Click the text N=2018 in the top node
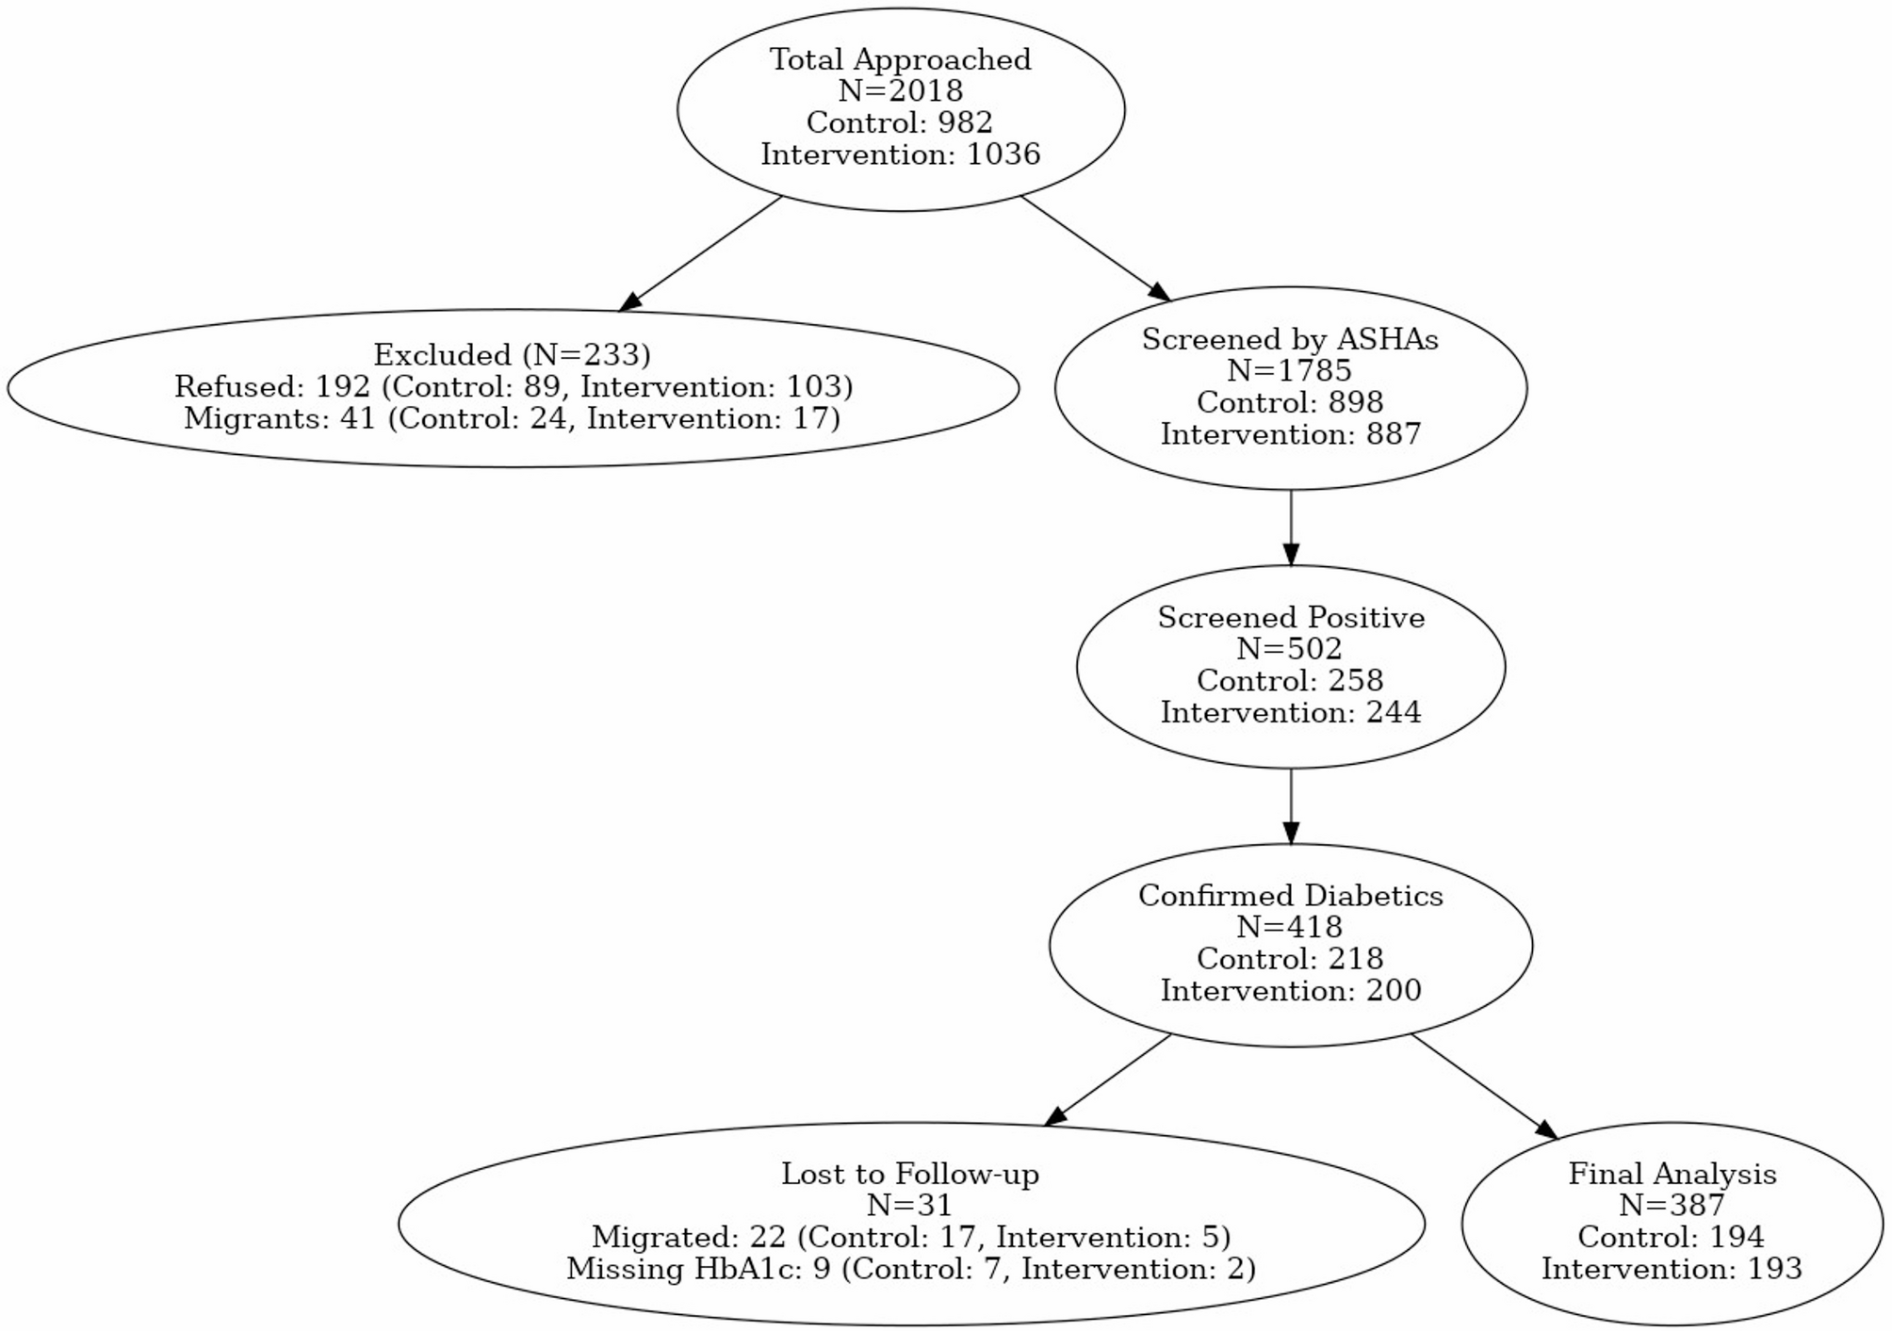(900, 91)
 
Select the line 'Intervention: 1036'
(900, 154)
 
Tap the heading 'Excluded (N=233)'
(512, 355)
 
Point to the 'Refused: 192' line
(513, 387)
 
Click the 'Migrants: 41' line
(512, 418)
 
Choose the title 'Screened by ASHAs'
(1289, 339)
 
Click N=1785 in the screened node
(1289, 371)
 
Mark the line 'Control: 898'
(1289, 403)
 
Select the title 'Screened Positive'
(1290, 618)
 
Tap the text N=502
(1289, 649)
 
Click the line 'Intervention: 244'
(1290, 713)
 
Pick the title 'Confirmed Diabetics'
(1290, 896)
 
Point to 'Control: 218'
(1289, 959)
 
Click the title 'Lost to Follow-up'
(909, 1175)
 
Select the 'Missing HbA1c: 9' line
(910, 1270)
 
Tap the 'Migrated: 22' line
(910, 1238)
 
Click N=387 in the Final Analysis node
(1671, 1206)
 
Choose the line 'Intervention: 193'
(1671, 1270)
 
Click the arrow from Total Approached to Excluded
(701, 252)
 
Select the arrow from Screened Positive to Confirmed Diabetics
(1290, 805)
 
